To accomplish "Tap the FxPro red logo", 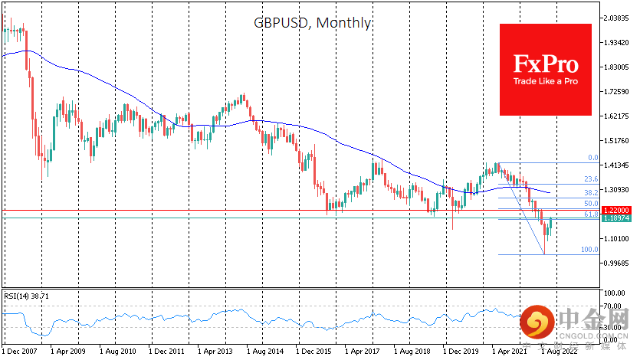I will (545, 69).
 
